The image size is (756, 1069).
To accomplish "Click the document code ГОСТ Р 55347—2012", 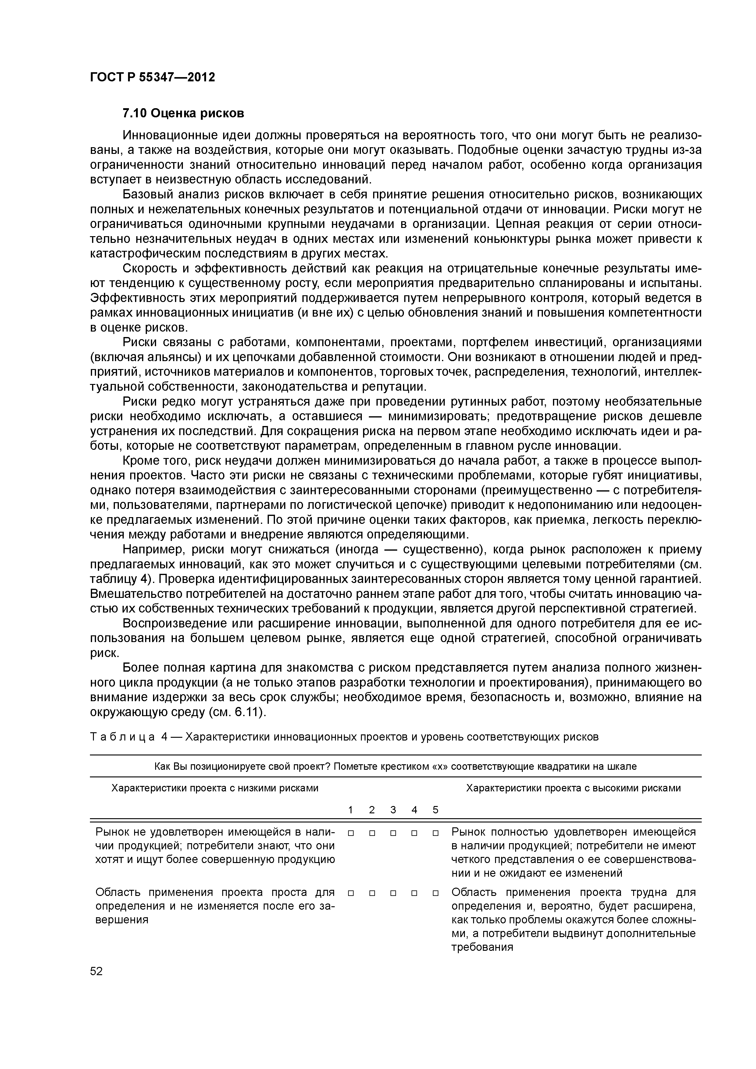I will pos(152,77).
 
